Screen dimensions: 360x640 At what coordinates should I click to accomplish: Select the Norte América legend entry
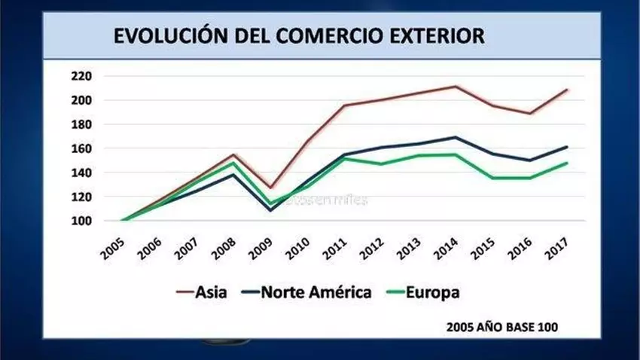click(309, 291)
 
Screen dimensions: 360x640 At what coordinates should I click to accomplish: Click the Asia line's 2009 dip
click(270, 188)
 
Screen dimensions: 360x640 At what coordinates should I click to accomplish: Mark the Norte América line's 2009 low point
click(270, 210)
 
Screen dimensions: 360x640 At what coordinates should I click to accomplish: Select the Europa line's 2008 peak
click(233, 163)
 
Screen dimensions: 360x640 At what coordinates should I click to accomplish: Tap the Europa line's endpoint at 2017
click(567, 163)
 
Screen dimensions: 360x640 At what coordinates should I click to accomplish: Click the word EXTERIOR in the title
click(438, 35)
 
